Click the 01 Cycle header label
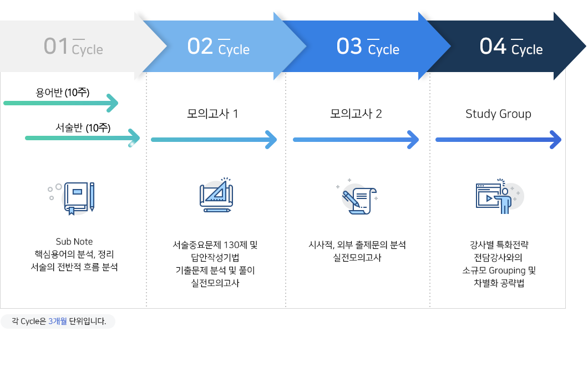(73, 47)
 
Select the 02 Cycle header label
(218, 47)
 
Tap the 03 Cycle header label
(368, 47)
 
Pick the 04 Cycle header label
(511, 47)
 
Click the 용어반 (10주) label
(63, 92)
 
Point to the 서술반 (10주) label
(83, 128)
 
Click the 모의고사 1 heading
(212, 114)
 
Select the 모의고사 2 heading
(356, 114)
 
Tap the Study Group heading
(498, 114)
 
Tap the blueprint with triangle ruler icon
(216, 195)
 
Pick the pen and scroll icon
(358, 197)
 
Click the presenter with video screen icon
(499, 196)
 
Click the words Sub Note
(74, 242)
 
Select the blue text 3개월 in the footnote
(58, 321)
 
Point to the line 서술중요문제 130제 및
(215, 245)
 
